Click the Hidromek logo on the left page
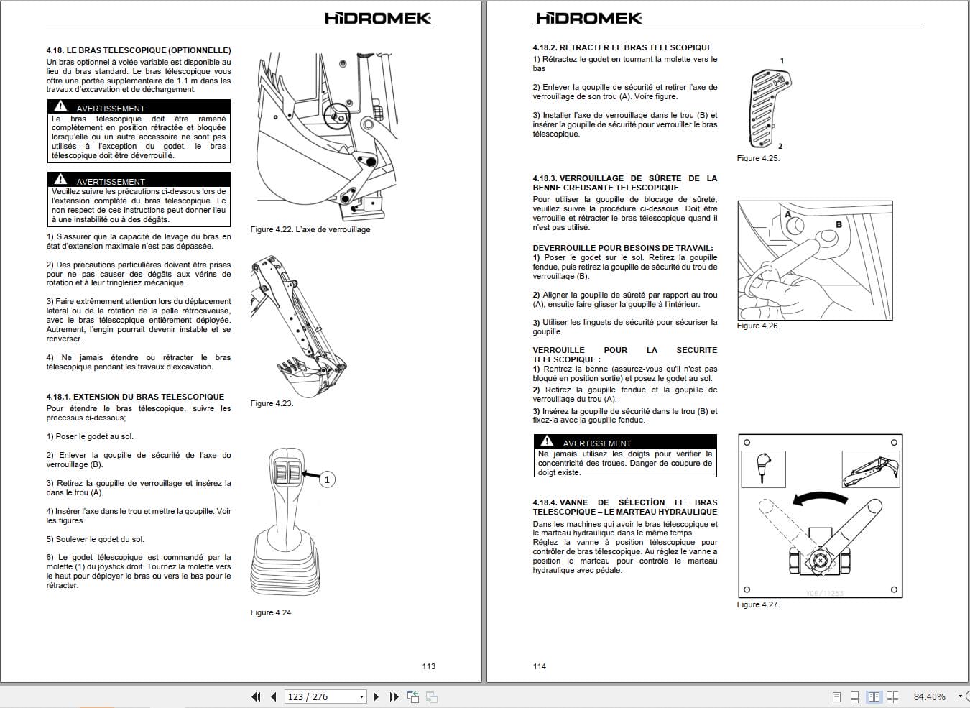pos(378,18)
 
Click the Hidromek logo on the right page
pos(588,18)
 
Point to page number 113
pos(429,666)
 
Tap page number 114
pos(540,666)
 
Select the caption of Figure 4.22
pos(310,229)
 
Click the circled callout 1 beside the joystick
pos(327,479)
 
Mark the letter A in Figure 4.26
pos(788,214)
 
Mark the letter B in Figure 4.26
pos(839,224)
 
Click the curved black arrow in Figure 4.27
pos(819,498)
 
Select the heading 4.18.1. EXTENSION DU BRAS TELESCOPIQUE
pos(135,397)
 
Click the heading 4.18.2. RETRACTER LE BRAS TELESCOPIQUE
pos(622,47)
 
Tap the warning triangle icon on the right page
pos(548,441)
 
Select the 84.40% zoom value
pos(929,696)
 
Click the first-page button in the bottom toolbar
pos(256,696)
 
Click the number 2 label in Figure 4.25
pos(780,146)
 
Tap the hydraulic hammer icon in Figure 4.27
pos(762,468)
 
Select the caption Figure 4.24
pos(272,612)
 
